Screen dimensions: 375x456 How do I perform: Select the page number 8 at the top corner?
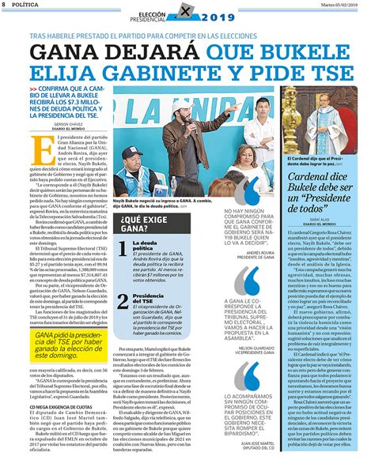pyautogui.click(x=4, y=5)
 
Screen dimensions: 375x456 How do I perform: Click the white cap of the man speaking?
pyautogui.click(x=189, y=110)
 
